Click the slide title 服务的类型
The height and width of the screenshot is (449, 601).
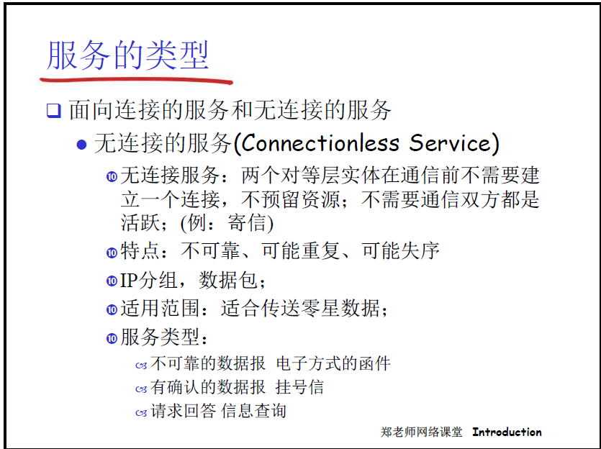pos(127,55)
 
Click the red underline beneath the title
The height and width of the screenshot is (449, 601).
pos(136,80)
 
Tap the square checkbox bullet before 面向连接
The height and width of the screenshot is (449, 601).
pos(54,110)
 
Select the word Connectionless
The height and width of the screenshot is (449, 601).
pos(320,143)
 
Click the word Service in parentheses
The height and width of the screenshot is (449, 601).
pos(450,143)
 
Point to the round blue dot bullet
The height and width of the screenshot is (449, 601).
pos(81,145)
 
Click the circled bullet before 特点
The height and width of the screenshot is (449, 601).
pos(112,253)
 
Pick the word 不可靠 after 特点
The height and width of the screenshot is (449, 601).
pos(210,251)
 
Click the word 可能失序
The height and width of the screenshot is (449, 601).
pos(400,251)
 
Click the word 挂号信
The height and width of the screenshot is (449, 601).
pos(299,387)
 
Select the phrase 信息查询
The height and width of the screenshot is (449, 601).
pos(254,411)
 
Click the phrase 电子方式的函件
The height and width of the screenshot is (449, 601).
pos(333,363)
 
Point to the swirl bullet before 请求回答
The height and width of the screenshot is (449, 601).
pos(141,413)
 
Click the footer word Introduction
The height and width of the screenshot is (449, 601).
pos(507,432)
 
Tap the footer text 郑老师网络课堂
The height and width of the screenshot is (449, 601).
pos(422,432)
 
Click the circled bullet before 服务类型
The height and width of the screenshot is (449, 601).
pos(112,339)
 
